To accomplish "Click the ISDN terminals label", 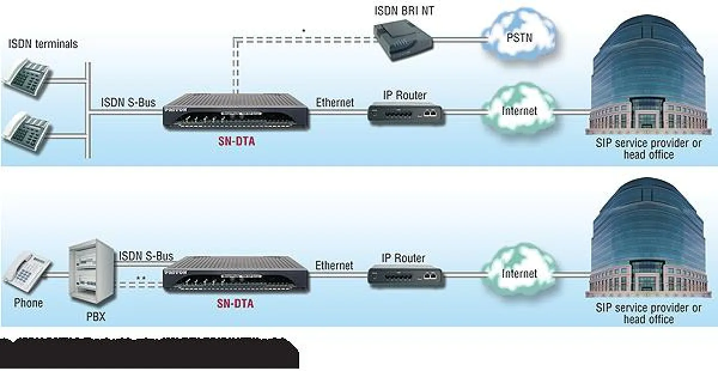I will (x=43, y=44).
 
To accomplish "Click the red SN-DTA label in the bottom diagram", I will (x=235, y=304).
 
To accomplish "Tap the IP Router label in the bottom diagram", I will (x=404, y=259).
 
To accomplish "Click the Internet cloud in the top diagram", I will (x=518, y=110).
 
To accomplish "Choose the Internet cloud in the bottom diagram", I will (x=518, y=273).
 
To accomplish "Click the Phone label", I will (x=28, y=303).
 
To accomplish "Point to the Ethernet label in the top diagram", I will (x=334, y=102).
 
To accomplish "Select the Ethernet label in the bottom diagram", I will (x=334, y=265).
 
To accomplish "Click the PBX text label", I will (x=92, y=317).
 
